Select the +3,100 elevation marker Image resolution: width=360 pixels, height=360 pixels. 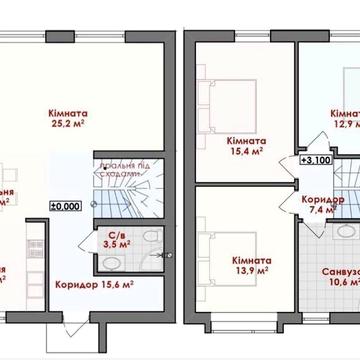click(318, 158)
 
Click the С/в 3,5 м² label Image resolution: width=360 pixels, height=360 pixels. click(116, 240)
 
